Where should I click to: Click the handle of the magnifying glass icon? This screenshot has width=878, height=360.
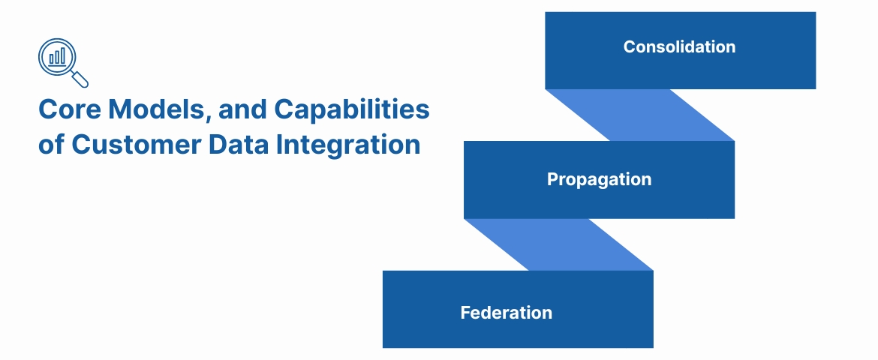[x=80, y=79]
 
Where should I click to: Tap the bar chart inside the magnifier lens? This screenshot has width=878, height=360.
[x=57, y=56]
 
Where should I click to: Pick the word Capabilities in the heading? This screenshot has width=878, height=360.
[x=351, y=109]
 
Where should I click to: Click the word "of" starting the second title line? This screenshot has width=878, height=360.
[x=51, y=144]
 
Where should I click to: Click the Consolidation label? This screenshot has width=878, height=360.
[x=679, y=47]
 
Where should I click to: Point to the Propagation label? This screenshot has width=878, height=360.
[x=599, y=180]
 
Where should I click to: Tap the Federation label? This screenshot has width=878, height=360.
[x=507, y=313]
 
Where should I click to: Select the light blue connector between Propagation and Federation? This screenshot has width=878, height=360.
[x=558, y=244]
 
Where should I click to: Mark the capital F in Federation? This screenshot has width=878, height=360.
[x=465, y=313]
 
